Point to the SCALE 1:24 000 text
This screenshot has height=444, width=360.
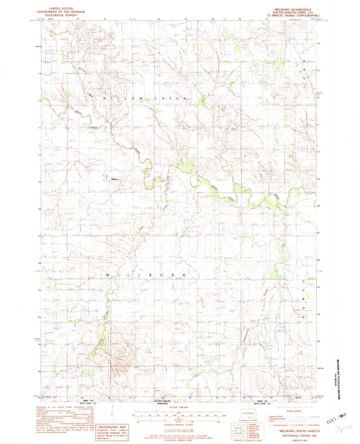(180, 405)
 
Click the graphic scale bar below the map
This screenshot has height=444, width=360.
(180, 413)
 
